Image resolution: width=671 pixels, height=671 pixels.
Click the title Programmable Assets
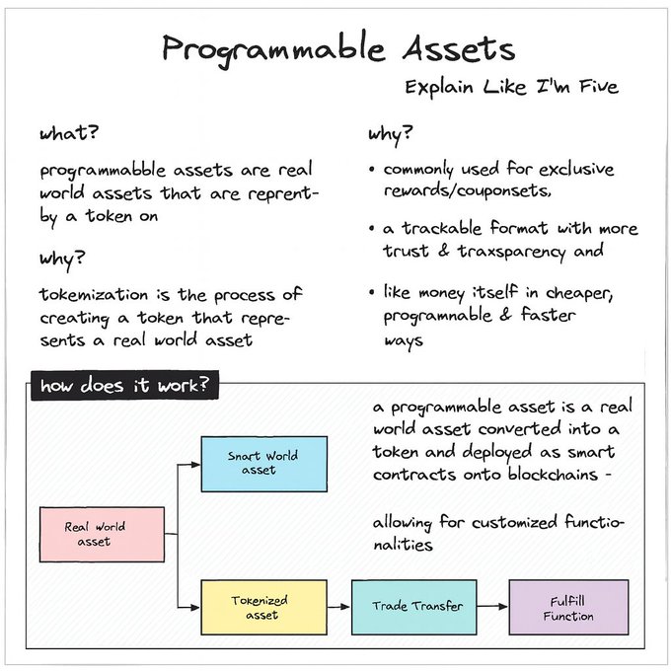tap(338, 48)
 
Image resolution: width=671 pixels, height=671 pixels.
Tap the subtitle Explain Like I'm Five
tap(511, 87)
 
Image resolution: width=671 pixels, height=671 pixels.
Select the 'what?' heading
tap(69, 133)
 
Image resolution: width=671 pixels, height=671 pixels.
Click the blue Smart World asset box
tap(263, 463)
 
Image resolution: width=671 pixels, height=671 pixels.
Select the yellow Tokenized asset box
tap(262, 607)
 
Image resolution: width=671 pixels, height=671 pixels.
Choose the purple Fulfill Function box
tap(568, 607)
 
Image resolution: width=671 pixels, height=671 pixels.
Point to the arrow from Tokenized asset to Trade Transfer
tap(338, 607)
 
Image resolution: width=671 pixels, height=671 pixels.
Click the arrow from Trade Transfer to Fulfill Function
tap(493, 607)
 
